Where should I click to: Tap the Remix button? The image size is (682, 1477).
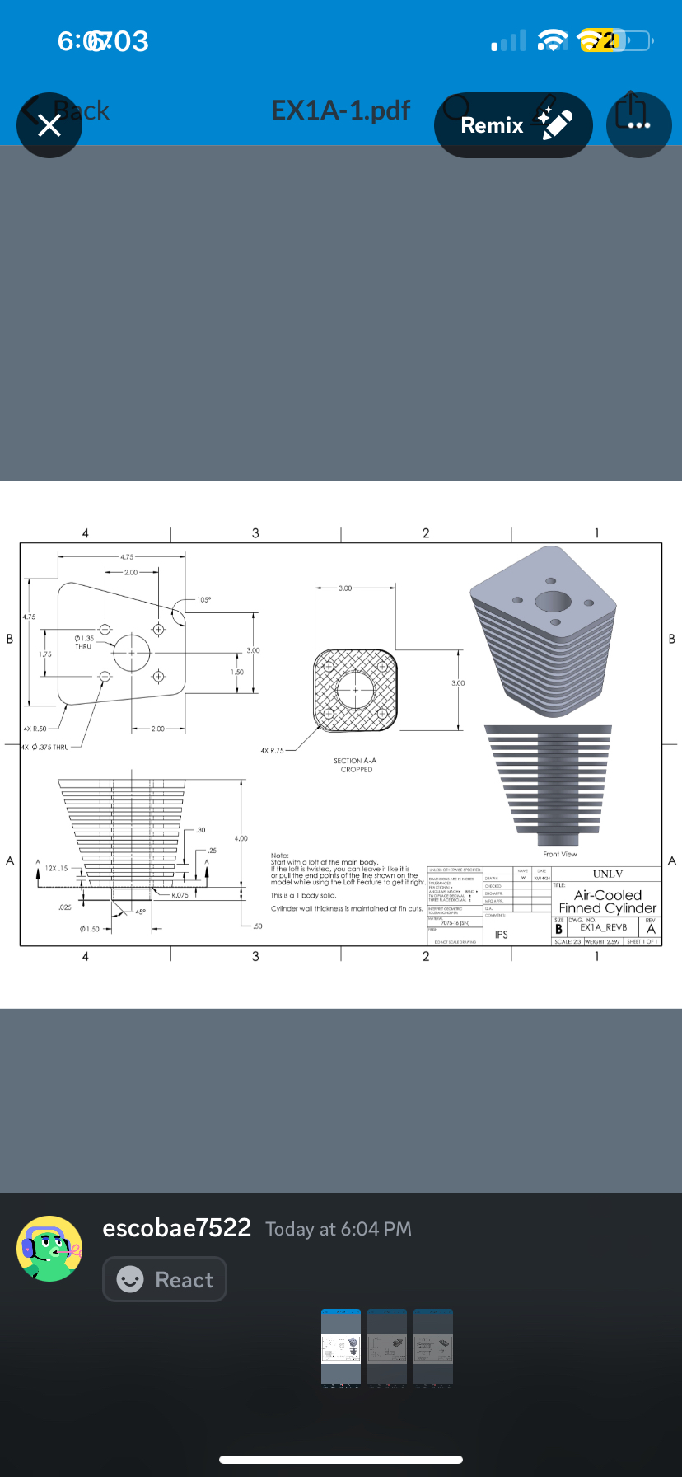tap(512, 125)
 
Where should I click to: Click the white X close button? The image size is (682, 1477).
tap(49, 125)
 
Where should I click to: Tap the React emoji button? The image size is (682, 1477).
tap(165, 1279)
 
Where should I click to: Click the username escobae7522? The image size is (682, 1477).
tap(176, 1228)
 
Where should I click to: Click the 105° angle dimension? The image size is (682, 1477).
tap(203, 600)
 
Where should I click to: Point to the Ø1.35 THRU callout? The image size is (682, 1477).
tap(84, 642)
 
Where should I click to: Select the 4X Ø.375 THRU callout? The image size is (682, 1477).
tap(45, 747)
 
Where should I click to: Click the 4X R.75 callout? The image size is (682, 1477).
tap(272, 751)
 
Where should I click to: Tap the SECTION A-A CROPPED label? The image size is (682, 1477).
tap(355, 765)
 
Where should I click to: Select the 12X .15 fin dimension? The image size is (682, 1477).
tap(57, 868)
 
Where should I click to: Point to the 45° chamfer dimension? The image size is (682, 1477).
tap(140, 912)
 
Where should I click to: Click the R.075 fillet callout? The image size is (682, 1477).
tap(180, 895)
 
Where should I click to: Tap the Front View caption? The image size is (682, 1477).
tap(560, 854)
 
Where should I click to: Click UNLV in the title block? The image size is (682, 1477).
tap(608, 874)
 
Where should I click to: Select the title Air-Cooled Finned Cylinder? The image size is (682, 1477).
tap(608, 902)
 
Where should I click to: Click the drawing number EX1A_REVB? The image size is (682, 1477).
tap(603, 927)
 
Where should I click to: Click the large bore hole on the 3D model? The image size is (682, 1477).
tap(553, 601)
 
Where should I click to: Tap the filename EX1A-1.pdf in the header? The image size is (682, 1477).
tap(340, 110)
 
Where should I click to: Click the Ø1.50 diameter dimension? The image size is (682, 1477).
tap(90, 929)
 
